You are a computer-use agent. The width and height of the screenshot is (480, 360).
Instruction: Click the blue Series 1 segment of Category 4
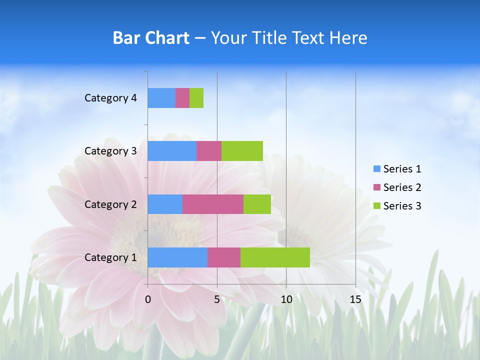pos(161,98)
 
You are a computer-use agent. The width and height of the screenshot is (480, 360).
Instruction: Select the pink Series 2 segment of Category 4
pos(182,98)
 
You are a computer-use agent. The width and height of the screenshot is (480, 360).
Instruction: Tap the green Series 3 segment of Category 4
pos(196,98)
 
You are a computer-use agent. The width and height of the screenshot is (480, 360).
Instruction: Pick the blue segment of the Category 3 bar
pos(172,151)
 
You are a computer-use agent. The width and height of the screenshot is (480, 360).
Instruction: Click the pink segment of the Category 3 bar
pos(209,151)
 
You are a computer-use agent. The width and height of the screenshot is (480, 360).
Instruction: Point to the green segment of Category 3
pos(242,151)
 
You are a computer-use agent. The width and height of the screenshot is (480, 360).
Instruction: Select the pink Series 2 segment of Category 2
pos(213,204)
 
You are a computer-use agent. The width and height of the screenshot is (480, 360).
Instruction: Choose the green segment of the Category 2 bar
pos(257,204)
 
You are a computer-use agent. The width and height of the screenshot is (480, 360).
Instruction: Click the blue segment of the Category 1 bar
pos(177,257)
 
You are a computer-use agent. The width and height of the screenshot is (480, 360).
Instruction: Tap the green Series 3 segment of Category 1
pos(275,257)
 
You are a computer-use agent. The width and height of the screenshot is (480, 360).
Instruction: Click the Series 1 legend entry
pos(397,169)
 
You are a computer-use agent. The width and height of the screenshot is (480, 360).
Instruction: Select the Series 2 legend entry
pos(397,187)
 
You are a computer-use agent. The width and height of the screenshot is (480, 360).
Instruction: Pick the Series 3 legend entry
pos(397,206)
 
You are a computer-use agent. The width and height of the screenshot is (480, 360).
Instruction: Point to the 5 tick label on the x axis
pos(217,299)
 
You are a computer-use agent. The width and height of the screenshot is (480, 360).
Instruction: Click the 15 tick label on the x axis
pos(355,299)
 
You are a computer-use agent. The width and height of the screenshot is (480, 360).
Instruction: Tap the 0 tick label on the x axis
pos(148,299)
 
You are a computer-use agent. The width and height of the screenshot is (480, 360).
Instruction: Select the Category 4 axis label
pos(110,98)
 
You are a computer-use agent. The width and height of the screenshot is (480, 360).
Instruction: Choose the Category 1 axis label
pos(110,257)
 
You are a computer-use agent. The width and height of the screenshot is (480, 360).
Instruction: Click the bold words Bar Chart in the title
pos(151,38)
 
